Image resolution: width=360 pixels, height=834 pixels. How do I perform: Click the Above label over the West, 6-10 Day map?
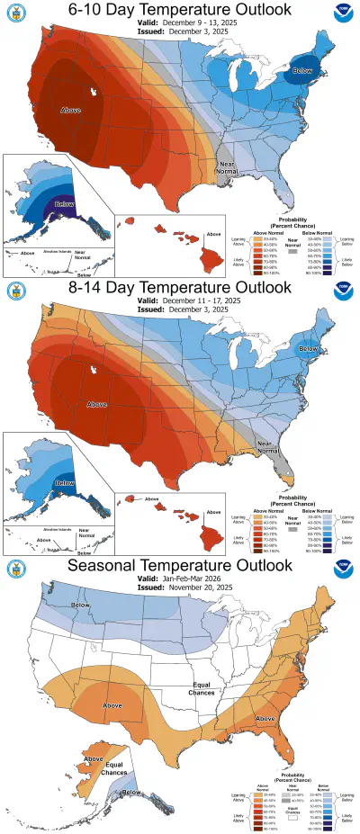click(70, 110)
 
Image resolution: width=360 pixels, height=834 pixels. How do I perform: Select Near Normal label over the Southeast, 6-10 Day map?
click(232, 166)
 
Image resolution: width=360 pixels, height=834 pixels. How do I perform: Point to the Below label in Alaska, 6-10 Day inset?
click(64, 204)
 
